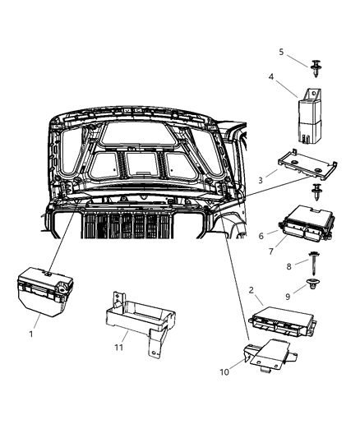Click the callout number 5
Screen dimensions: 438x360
tap(281, 51)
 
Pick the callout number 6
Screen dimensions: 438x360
tap(261, 235)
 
